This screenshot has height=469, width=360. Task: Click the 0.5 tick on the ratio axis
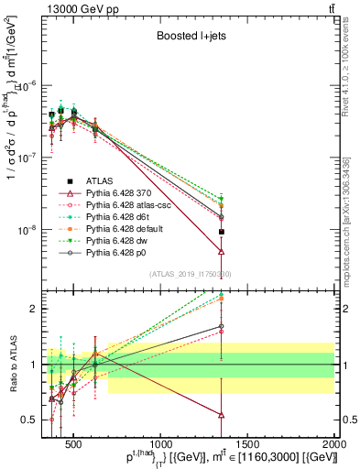click(x=33, y=420)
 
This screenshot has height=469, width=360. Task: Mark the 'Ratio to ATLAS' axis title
click(x=12, y=364)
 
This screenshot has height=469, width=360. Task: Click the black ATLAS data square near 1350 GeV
click(x=221, y=232)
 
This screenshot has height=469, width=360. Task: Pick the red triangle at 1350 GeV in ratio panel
click(x=221, y=414)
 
